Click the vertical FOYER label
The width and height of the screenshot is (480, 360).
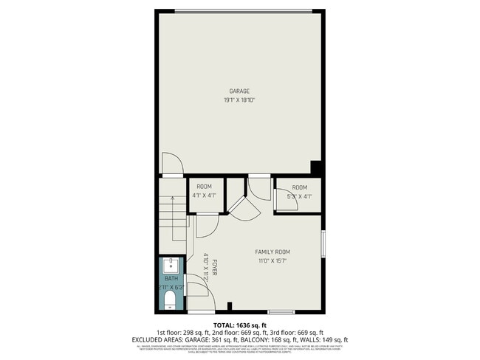click(214, 267)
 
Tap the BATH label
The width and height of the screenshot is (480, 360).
click(171, 278)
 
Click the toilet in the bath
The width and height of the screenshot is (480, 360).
click(171, 299)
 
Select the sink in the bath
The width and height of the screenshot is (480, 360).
click(170, 264)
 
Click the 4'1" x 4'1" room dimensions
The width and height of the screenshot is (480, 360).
click(204, 195)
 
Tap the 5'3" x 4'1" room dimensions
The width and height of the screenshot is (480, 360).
click(299, 195)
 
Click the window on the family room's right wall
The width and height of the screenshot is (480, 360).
click(323, 244)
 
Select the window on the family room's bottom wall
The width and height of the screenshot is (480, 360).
click(281, 311)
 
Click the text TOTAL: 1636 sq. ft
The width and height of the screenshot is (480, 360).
click(240, 325)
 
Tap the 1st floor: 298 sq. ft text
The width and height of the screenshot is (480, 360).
click(182, 332)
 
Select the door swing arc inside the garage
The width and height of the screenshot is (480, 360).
click(168, 162)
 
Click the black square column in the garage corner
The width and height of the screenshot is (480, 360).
click(315, 169)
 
